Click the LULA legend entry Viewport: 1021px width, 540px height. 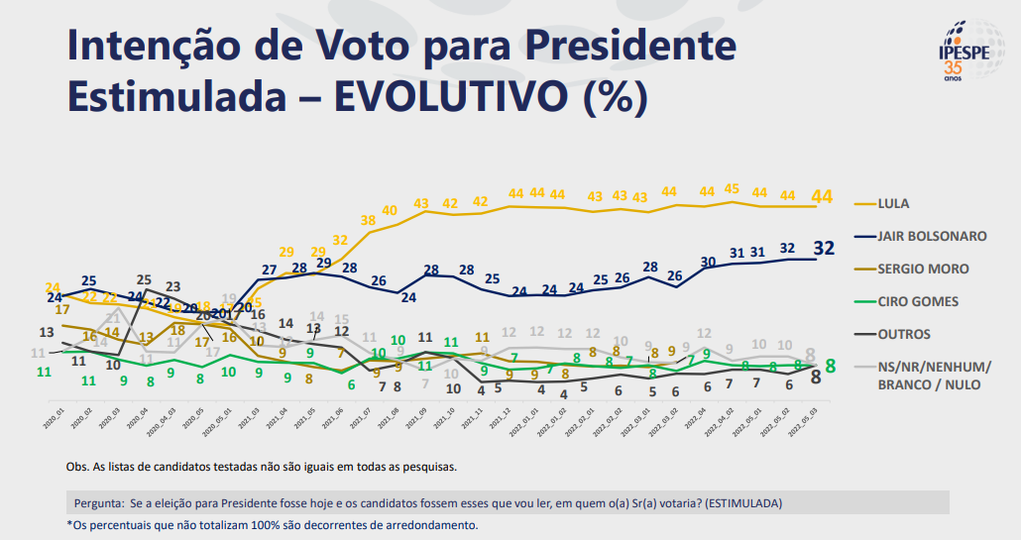[893, 204]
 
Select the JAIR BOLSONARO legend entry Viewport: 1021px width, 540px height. [932, 236]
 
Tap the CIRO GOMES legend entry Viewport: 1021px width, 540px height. [918, 301]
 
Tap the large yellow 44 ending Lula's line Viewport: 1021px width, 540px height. [823, 196]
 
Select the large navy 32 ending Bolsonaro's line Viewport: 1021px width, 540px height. [823, 248]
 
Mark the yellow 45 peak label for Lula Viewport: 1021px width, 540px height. [732, 189]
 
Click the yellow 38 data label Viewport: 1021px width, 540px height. [368, 220]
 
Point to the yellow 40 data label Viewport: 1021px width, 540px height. [390, 211]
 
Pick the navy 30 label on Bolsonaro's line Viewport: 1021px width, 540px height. [707, 263]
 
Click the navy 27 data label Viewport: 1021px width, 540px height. [269, 270]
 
